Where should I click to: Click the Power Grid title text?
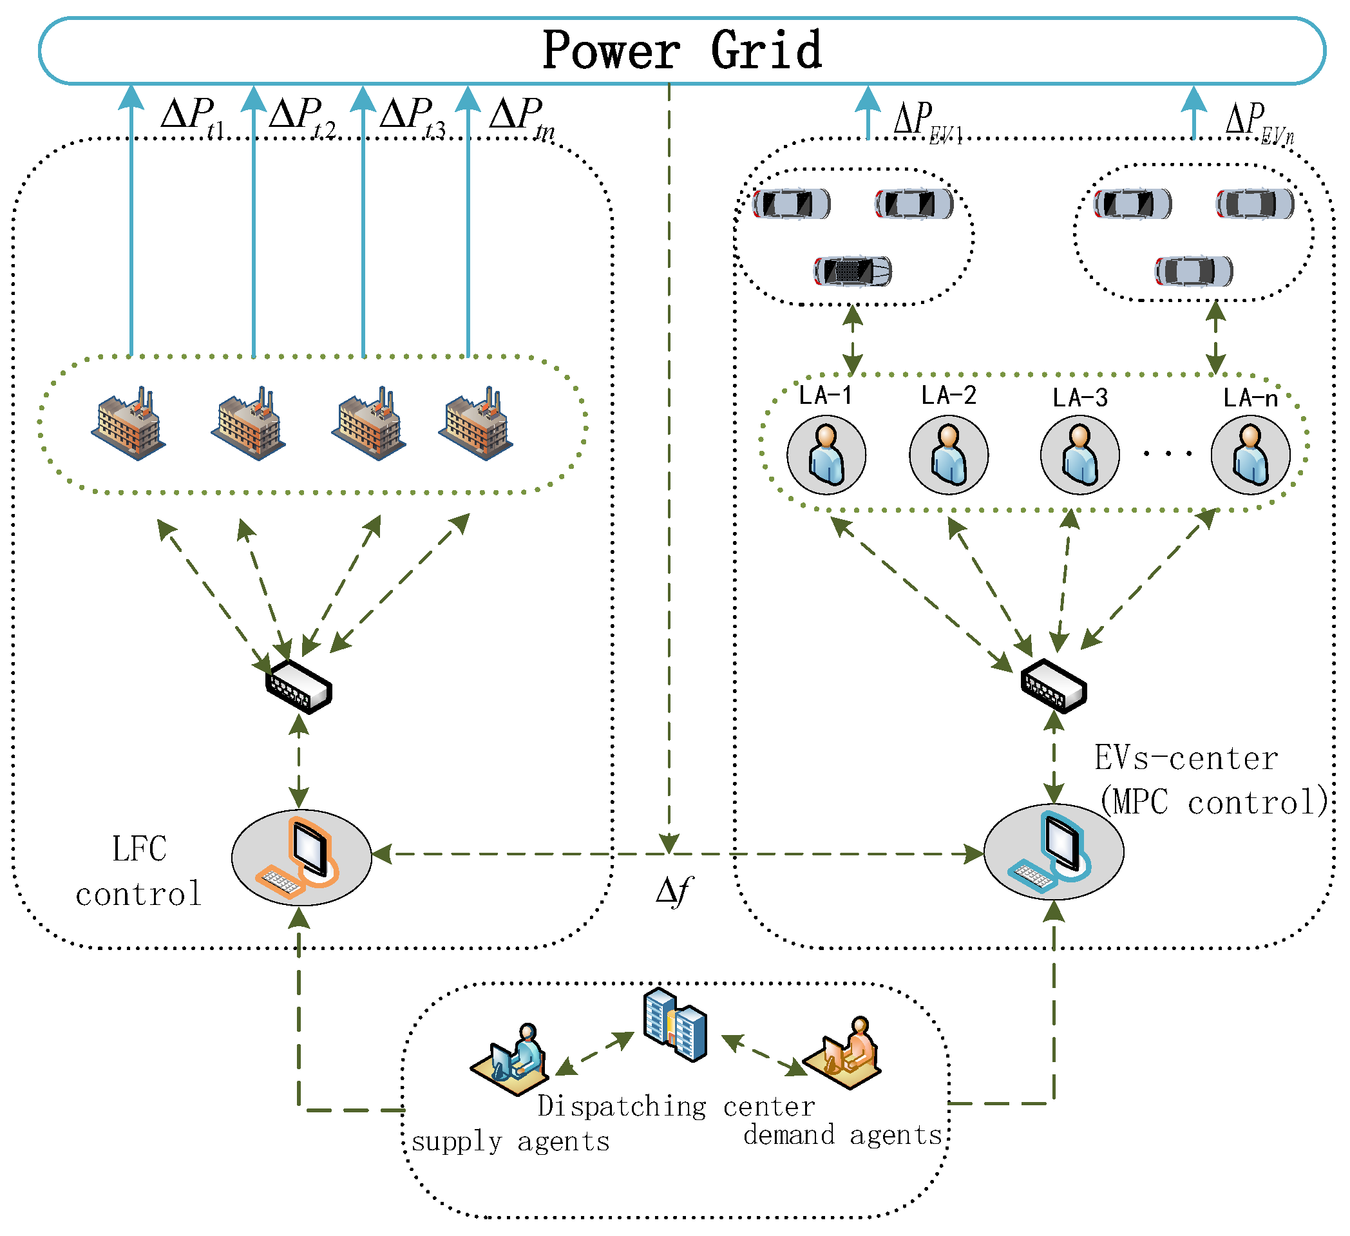pyautogui.click(x=681, y=50)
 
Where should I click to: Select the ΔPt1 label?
pyautogui.click(x=193, y=117)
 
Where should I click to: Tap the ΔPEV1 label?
pyautogui.click(x=928, y=122)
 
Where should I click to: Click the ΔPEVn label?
pyautogui.click(x=1259, y=122)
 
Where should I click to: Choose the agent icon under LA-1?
pyautogui.click(x=826, y=455)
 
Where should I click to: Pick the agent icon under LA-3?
pyautogui.click(x=1079, y=455)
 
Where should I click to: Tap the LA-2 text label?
pyautogui.click(x=948, y=395)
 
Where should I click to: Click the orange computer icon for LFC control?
pyautogui.click(x=301, y=857)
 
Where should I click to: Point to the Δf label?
pyautogui.click(x=674, y=892)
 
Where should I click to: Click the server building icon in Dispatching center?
pyautogui.click(x=675, y=1025)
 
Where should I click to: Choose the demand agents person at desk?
pyautogui.click(x=842, y=1053)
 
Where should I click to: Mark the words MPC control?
pyautogui.click(x=1215, y=801)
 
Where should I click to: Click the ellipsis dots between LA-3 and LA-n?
pyautogui.click(x=1168, y=454)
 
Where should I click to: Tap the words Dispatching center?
pyautogui.click(x=676, y=1107)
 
